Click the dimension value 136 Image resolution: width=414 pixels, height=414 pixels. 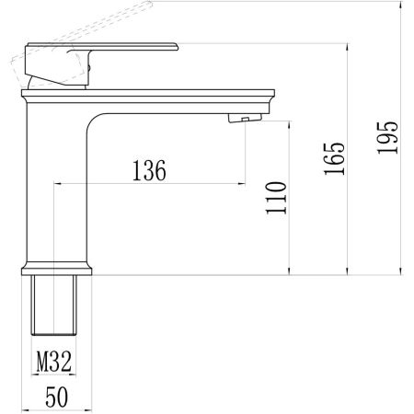(x=149, y=170)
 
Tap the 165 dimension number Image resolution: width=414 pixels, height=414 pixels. (x=336, y=158)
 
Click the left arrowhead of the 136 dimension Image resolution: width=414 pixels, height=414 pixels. (x=60, y=183)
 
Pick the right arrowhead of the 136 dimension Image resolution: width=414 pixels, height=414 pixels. (x=244, y=183)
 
